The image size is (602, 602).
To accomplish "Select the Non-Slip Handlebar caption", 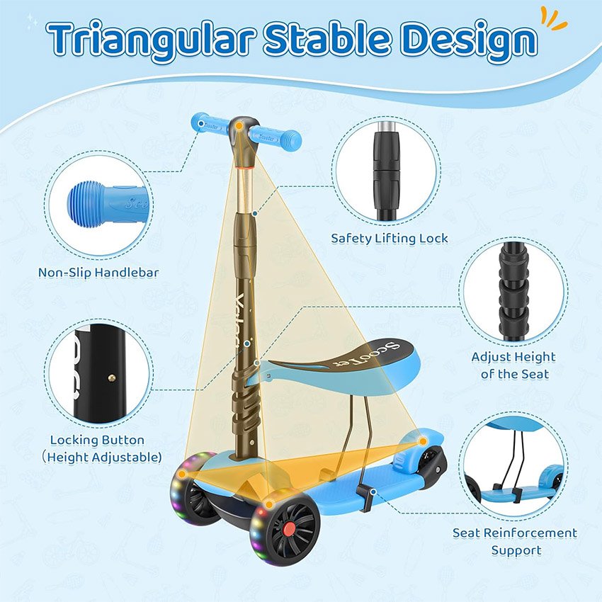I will point(98,273).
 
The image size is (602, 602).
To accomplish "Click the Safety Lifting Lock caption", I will point(390,239).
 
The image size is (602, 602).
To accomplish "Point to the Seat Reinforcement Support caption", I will point(515,541).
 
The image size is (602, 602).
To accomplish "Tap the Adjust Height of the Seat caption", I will point(513,365).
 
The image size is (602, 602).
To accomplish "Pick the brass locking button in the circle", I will point(111,377).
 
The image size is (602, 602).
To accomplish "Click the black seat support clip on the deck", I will point(365,497).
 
